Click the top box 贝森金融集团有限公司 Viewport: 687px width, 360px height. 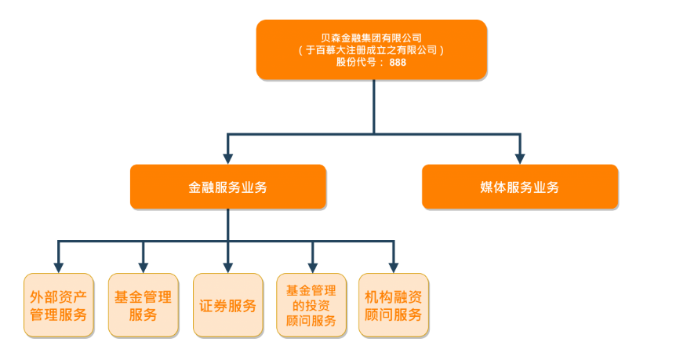(x=371, y=38)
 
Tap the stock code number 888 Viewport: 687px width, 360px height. (x=398, y=63)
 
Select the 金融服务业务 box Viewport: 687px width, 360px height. (x=227, y=187)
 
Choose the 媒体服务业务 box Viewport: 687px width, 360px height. (x=519, y=187)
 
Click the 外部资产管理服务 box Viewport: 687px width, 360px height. (x=58, y=306)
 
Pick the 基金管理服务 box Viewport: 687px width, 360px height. (x=143, y=306)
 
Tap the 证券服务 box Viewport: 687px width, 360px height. (x=227, y=306)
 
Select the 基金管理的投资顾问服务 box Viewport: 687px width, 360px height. (x=311, y=306)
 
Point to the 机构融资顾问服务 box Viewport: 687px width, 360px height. (x=394, y=306)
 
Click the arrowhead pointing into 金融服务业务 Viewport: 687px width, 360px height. (x=227, y=158)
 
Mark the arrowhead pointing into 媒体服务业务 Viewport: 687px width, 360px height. (x=519, y=158)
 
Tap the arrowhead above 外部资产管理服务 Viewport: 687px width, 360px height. (x=58, y=267)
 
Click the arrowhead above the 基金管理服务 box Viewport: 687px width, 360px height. (x=143, y=267)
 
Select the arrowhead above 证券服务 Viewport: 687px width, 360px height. (x=227, y=267)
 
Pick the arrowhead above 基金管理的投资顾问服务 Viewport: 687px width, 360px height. (x=312, y=267)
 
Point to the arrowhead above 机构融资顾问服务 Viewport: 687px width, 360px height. (x=394, y=267)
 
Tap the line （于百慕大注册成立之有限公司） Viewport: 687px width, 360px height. (x=371, y=49)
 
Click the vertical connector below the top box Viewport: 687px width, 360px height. (x=373, y=106)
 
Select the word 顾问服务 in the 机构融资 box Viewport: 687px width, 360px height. (x=394, y=315)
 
